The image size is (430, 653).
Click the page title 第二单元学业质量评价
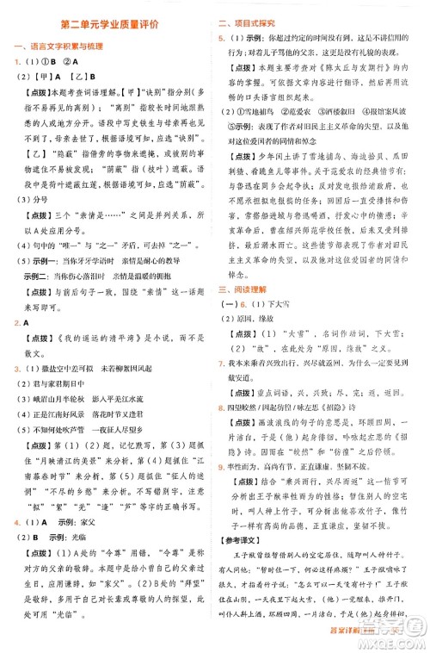[109, 27]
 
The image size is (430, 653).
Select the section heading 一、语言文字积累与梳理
[56, 47]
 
